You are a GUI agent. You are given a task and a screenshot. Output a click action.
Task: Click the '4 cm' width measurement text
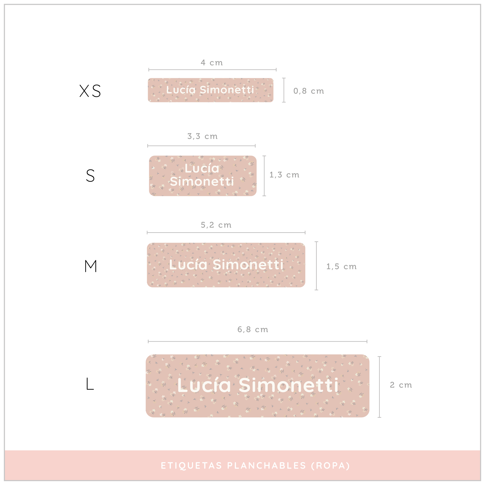click(x=212, y=63)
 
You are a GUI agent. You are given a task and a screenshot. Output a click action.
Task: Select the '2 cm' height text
click(x=401, y=385)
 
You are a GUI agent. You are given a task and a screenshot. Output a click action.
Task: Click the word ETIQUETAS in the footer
click(x=192, y=466)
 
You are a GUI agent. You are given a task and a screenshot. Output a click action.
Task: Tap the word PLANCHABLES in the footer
click(x=267, y=466)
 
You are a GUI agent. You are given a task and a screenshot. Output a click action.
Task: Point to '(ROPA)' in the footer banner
click(x=330, y=466)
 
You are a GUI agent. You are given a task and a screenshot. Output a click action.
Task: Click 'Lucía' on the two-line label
click(x=202, y=168)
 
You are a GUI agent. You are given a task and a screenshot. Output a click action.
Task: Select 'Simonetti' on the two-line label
click(x=202, y=181)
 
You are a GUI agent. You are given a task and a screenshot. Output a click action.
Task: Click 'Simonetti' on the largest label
click(x=289, y=385)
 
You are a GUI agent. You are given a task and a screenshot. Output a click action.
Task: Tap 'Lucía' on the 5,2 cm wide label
click(x=188, y=265)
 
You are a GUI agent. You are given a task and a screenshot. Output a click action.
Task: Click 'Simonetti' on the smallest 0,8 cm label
click(x=227, y=90)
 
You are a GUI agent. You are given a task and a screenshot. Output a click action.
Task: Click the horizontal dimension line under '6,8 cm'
click(x=258, y=341)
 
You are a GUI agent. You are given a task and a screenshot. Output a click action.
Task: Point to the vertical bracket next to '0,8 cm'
click(x=284, y=90)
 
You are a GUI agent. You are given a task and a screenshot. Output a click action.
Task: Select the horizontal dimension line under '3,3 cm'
click(x=201, y=146)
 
